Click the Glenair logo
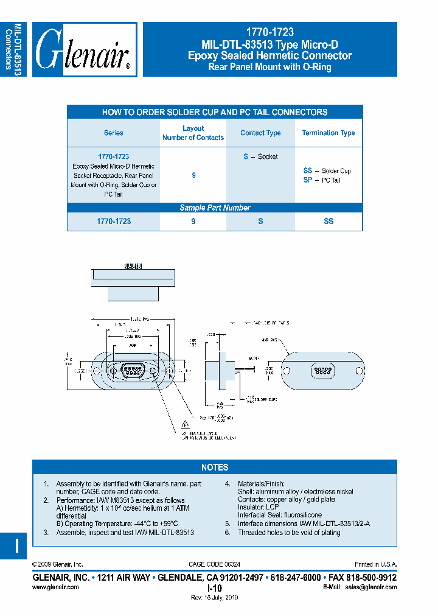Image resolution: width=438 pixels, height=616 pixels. (x=84, y=50)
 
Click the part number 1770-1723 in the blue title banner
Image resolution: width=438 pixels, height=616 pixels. (x=269, y=33)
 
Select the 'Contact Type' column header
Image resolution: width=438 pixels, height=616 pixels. (x=260, y=133)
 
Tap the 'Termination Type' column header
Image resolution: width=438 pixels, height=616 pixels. (x=328, y=133)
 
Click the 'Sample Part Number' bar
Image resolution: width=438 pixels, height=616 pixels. (x=215, y=208)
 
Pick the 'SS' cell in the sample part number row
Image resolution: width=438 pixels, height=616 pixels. (x=328, y=222)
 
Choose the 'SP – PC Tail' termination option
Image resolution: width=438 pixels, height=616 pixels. (x=322, y=180)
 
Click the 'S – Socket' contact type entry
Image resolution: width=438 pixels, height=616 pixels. (x=260, y=156)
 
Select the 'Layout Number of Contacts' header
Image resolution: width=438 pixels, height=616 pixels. (x=193, y=133)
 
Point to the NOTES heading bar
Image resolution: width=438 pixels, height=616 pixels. (x=215, y=467)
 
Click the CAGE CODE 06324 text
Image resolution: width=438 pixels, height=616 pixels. (x=215, y=565)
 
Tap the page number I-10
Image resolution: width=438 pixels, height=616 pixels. (x=215, y=588)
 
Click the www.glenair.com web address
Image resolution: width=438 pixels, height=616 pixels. (x=55, y=587)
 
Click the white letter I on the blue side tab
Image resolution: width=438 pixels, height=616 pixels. (x=16, y=545)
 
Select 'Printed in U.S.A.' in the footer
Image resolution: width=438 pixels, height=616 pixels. (x=375, y=565)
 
